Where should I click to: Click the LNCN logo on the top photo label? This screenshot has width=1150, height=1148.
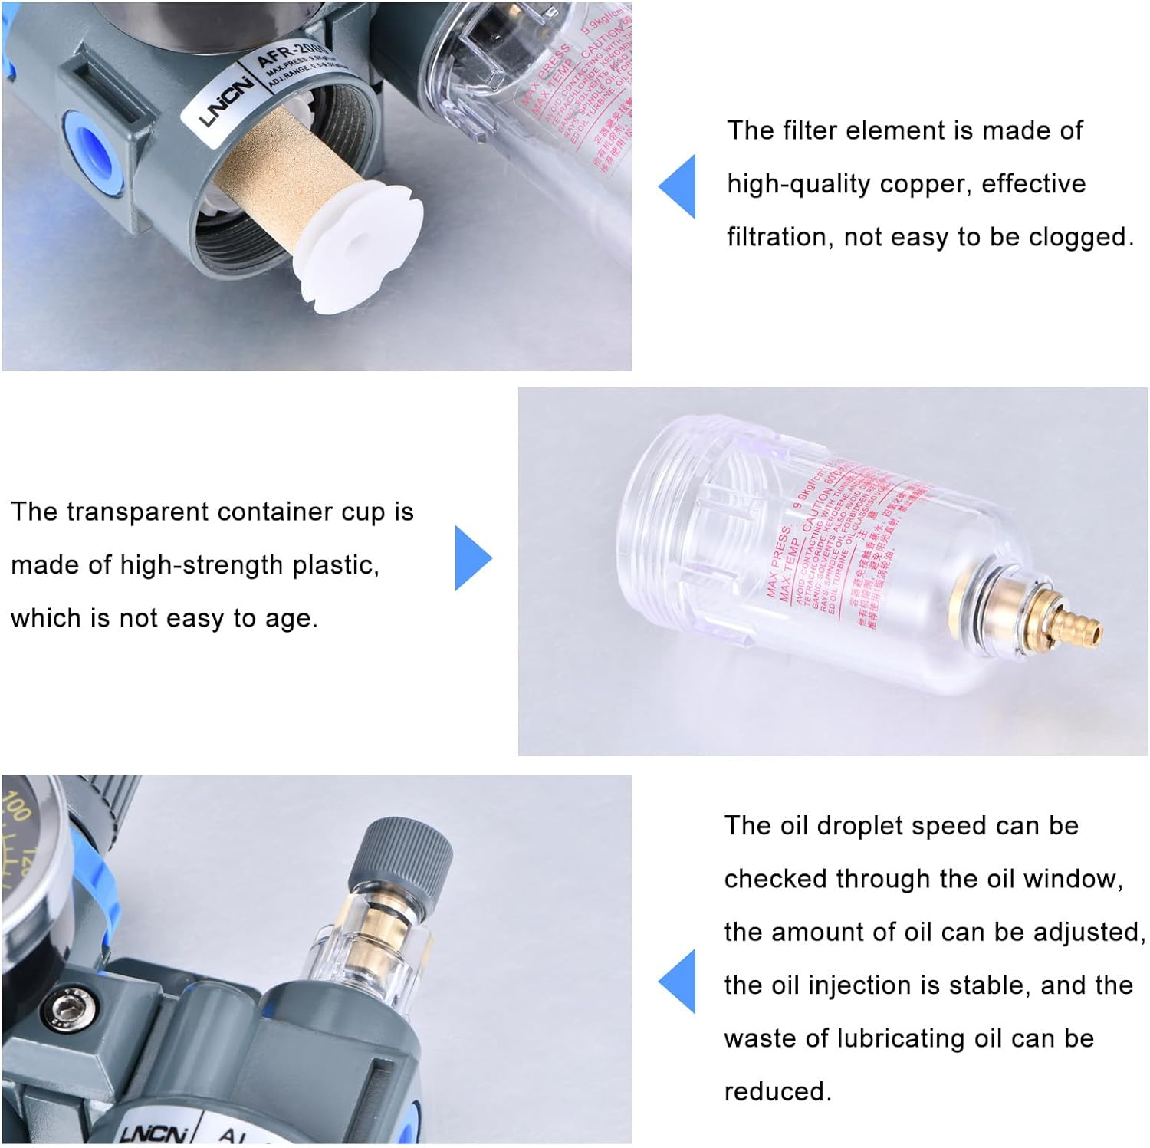point(226,100)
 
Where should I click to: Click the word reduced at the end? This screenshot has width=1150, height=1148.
point(777,1091)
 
